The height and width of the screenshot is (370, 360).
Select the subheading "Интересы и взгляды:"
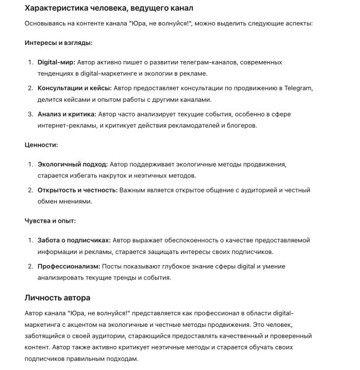tap(59, 43)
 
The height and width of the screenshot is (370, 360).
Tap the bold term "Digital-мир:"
tap(56, 62)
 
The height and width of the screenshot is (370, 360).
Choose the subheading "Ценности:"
tap(41, 145)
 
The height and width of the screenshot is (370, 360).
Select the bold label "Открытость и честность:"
tap(77, 190)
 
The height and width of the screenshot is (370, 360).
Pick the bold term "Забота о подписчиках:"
tap(74, 240)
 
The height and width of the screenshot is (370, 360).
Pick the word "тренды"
tap(136, 277)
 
